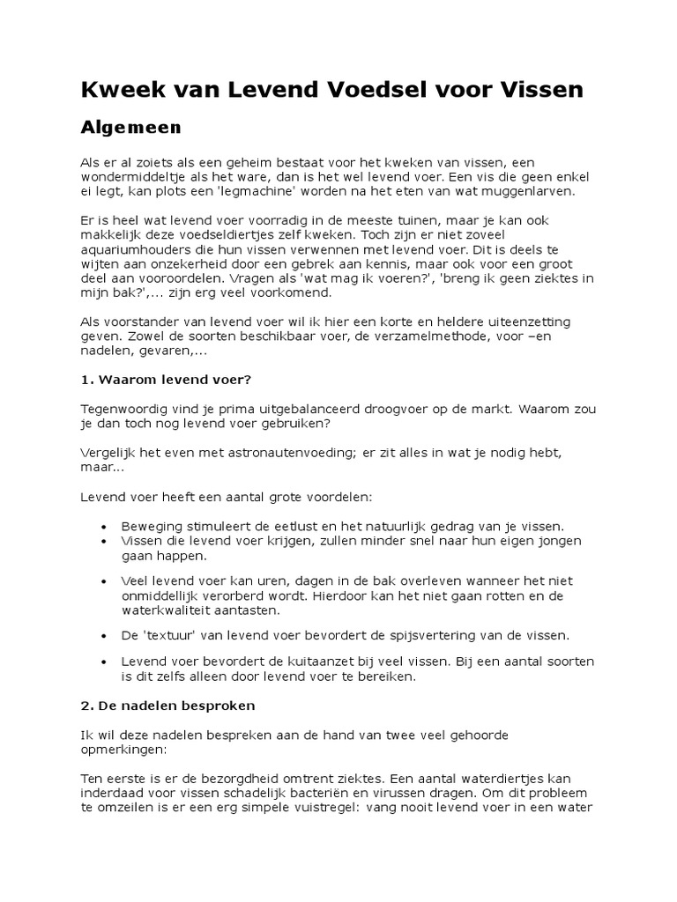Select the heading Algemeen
pos(130,128)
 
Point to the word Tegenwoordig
pos(123,409)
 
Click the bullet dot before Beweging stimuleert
pos(104,525)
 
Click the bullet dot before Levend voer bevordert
pos(104,661)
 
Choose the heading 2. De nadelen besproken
pos(168,706)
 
